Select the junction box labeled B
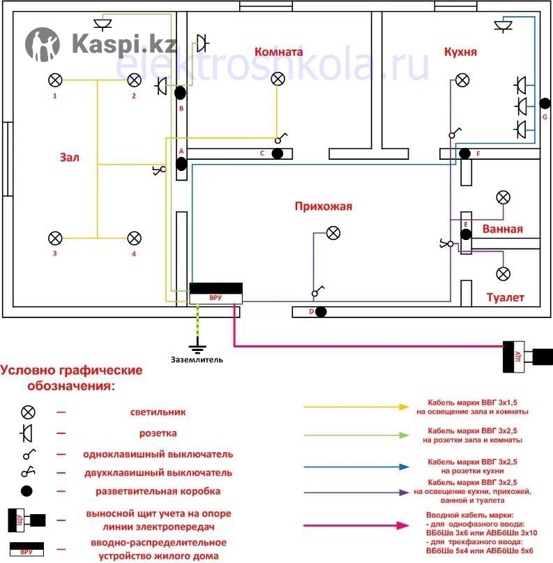180,92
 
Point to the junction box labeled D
321,311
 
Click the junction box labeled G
545,103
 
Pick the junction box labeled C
277,153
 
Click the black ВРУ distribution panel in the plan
216,293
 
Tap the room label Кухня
460,52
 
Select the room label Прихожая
324,206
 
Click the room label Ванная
501,229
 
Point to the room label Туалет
506,298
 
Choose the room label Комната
278,52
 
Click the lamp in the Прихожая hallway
334,233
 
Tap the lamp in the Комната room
278,79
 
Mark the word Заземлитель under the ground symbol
197,360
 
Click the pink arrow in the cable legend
356,523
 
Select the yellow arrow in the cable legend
356,406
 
